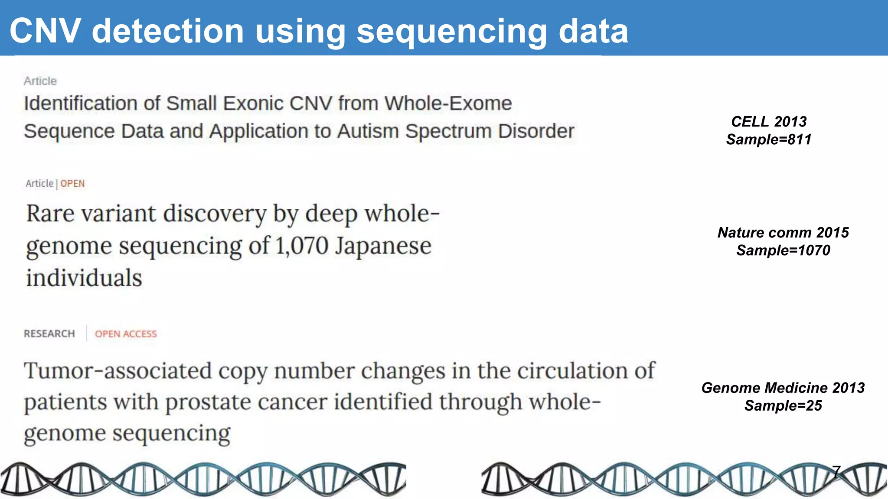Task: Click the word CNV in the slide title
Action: [45, 31]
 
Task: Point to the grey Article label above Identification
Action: [40, 81]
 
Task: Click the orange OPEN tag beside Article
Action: [72, 184]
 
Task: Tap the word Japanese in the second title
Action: [383, 246]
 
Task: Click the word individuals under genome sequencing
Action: [84, 278]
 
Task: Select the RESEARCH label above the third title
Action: [49, 334]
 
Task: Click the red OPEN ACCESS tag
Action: [126, 334]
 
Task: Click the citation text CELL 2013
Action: [769, 122]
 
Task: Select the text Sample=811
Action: [769, 139]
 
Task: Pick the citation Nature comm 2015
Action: [783, 233]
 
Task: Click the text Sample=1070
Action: [783, 250]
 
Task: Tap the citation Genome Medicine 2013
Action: [783, 388]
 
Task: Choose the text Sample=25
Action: [783, 405]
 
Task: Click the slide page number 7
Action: [836, 471]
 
